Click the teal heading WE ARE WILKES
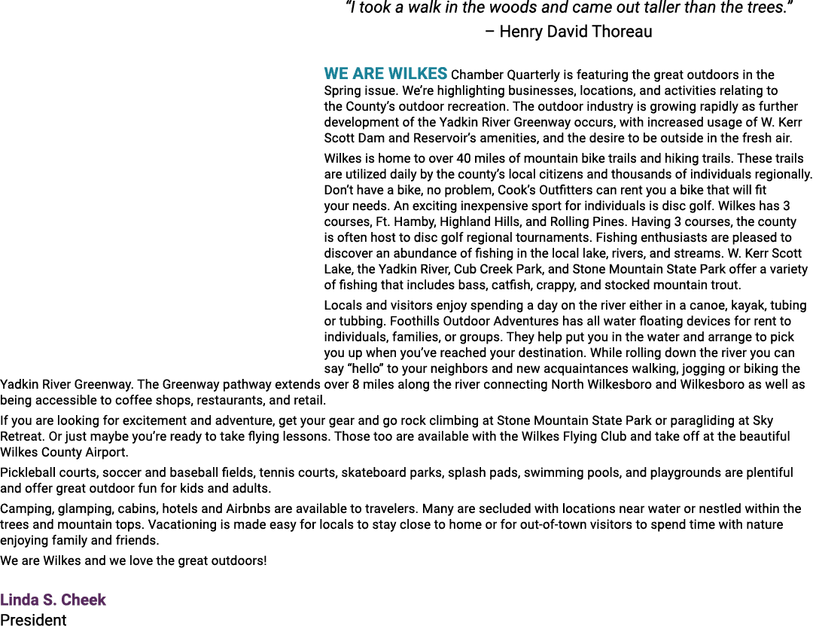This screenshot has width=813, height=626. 385,74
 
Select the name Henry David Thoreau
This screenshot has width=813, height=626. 576,32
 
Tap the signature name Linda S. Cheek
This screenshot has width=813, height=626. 53,600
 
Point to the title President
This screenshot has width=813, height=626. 33,620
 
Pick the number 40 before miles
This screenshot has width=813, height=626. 464,158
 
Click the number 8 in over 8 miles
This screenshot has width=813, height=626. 355,385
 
